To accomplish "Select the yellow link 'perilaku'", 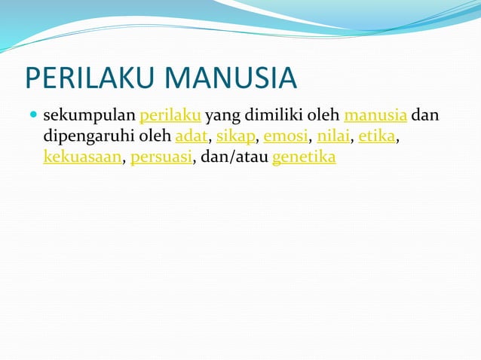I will pos(170,117).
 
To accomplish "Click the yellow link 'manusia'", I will pos(376,117).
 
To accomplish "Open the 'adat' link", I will pos(191,137).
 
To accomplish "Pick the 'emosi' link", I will pos(286,137).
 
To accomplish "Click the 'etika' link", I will pos(376,137).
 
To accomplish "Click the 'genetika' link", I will pos(303,158).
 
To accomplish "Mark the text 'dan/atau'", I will pos(234,158).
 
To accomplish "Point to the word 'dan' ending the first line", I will pos(426,117).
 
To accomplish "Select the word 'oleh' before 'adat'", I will pos(153,137).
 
